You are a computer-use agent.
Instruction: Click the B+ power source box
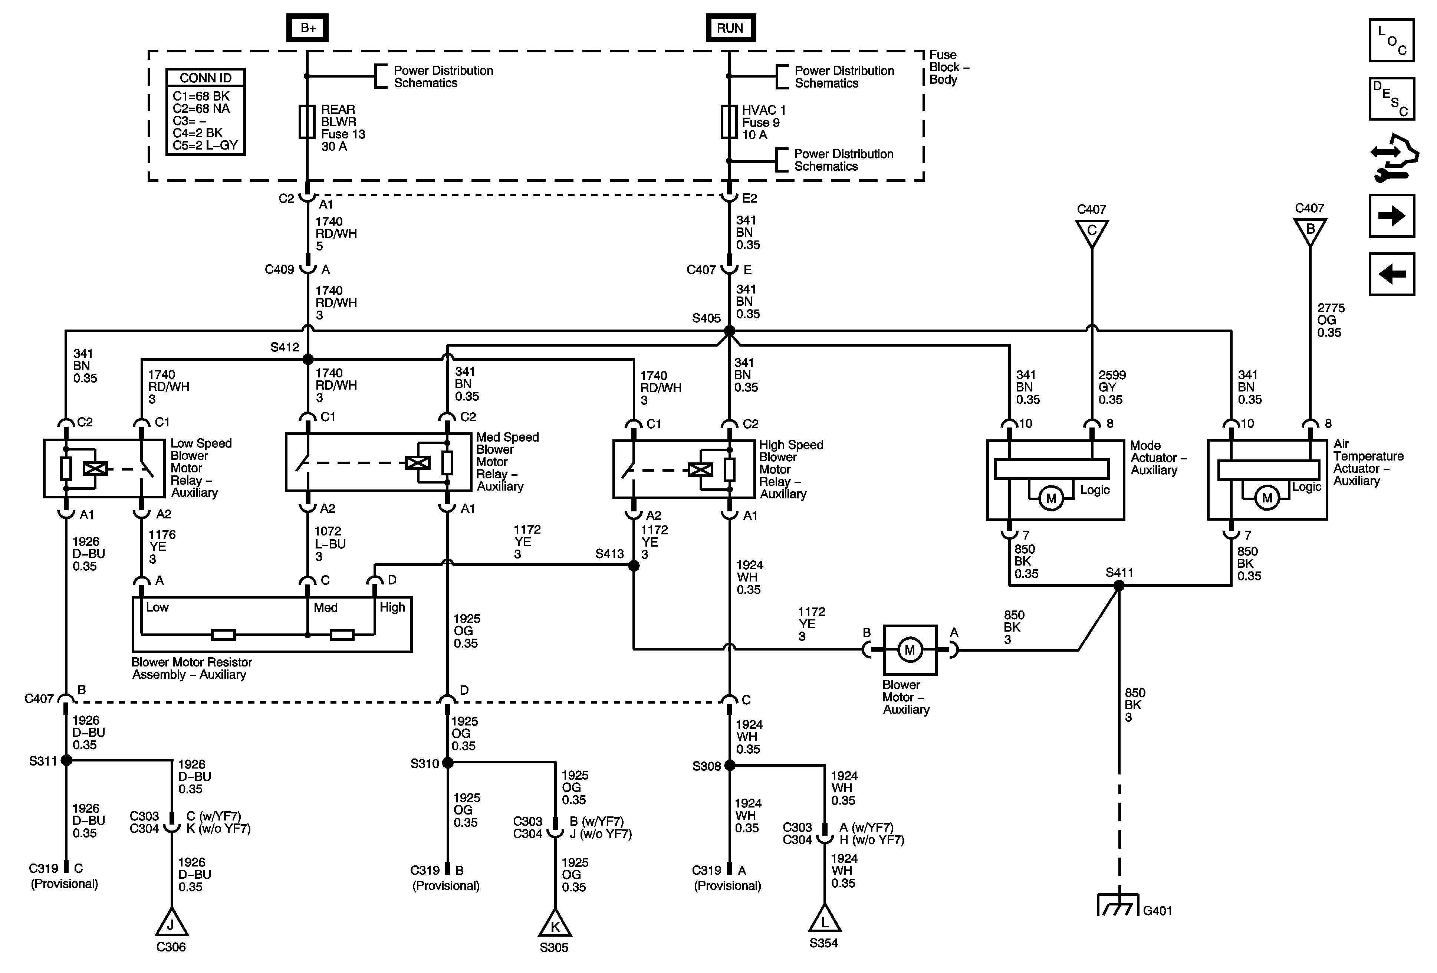pos(307,28)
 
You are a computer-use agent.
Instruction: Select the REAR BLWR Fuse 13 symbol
pos(307,122)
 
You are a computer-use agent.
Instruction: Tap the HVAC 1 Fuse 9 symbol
pos(729,122)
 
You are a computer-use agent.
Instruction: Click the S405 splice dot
pos(730,331)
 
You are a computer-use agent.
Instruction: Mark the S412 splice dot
pos(308,359)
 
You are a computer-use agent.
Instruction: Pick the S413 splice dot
pos(634,566)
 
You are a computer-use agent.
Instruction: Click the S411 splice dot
pos(1119,585)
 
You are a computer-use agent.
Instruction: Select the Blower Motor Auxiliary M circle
pos(910,650)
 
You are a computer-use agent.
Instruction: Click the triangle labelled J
pos(171,924)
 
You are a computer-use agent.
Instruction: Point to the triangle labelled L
pos(824,920)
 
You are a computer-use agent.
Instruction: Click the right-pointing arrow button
pos(1391,216)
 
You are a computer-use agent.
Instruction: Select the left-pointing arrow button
pos(1391,274)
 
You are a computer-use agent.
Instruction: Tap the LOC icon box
pos(1391,40)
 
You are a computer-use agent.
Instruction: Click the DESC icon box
pos(1391,98)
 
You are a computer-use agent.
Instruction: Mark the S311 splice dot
pos(66,760)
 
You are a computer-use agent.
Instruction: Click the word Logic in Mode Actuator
pos(1095,490)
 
